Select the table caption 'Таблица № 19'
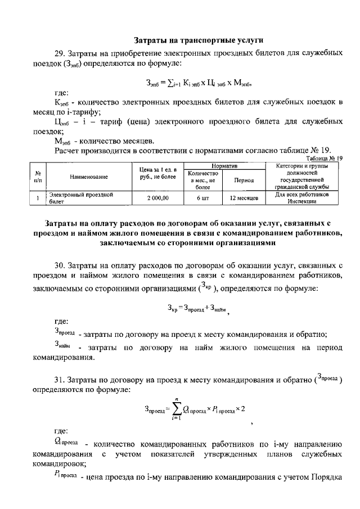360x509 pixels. pyautogui.click(x=323, y=159)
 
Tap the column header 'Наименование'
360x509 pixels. pyautogui.click(x=88, y=177)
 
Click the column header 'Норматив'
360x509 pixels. pyautogui.click(x=224, y=166)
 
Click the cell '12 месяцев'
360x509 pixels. pyautogui.click(x=244, y=198)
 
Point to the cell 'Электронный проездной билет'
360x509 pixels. pyautogui.click(x=82, y=198)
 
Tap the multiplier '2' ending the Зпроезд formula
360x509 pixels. pyautogui.click(x=242, y=408)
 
